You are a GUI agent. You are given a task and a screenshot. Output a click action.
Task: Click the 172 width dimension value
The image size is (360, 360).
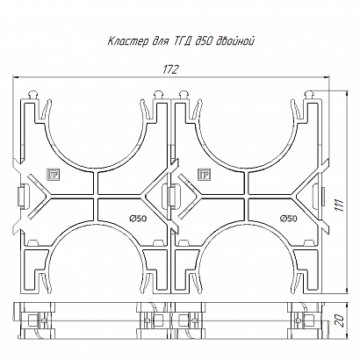170,69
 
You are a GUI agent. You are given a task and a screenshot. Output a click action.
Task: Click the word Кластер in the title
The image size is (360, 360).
128,41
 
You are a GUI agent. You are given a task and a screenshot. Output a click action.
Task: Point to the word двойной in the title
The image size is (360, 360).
234,41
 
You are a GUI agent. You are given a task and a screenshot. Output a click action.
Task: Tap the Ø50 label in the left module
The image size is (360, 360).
138,218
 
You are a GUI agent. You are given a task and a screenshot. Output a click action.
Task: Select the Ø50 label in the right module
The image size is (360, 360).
289,219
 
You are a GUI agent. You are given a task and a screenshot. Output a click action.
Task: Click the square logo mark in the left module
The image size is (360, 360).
52,175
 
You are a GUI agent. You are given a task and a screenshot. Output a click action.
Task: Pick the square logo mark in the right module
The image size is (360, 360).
204,175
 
